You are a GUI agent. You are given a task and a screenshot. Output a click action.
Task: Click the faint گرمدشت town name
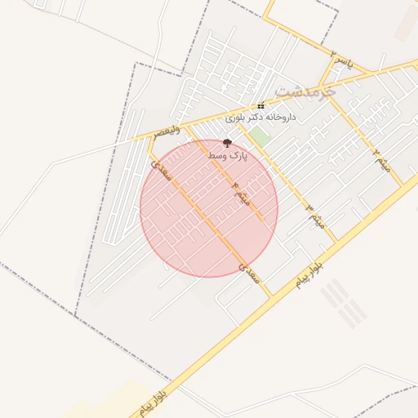[306, 90]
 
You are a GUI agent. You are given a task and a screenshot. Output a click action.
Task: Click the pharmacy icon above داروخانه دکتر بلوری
[260, 106]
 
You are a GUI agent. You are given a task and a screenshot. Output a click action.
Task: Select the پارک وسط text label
[226, 154]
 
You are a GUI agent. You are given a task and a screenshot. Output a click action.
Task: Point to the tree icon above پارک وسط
[227, 143]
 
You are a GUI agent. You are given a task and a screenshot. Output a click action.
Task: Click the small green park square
[259, 136]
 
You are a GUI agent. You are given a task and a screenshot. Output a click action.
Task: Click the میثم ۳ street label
[313, 216]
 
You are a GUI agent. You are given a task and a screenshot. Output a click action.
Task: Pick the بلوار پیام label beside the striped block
[311, 275]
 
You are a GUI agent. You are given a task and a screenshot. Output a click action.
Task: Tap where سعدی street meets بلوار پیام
[271, 296]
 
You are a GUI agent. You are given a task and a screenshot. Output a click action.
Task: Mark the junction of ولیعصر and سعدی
[149, 138]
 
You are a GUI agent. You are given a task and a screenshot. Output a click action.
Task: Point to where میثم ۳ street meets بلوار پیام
[336, 242]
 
